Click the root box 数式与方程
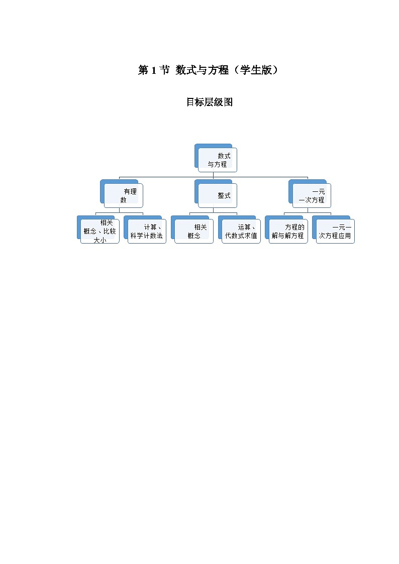point(217,160)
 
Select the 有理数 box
point(123,195)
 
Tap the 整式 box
point(217,195)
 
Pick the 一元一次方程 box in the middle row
point(312,195)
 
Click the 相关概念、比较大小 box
point(99,231)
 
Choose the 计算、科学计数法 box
point(147,231)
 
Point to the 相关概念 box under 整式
point(194,231)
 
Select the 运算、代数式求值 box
point(241,231)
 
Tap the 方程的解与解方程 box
point(288,231)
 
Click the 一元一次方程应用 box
point(335,231)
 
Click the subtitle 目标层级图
point(209,102)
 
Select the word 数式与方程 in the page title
point(201,71)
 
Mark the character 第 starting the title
point(143,71)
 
